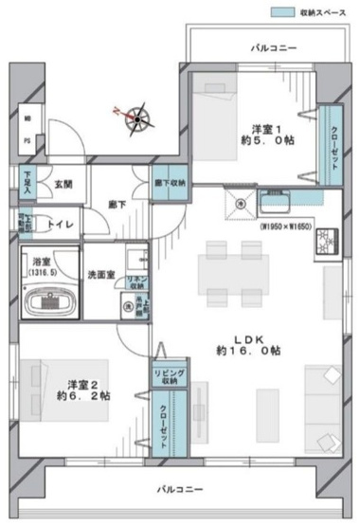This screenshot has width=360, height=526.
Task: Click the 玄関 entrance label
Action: coord(63,184)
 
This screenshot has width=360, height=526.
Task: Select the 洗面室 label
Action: coord(101,274)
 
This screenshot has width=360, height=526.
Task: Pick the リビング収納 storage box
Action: coord(166,377)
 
